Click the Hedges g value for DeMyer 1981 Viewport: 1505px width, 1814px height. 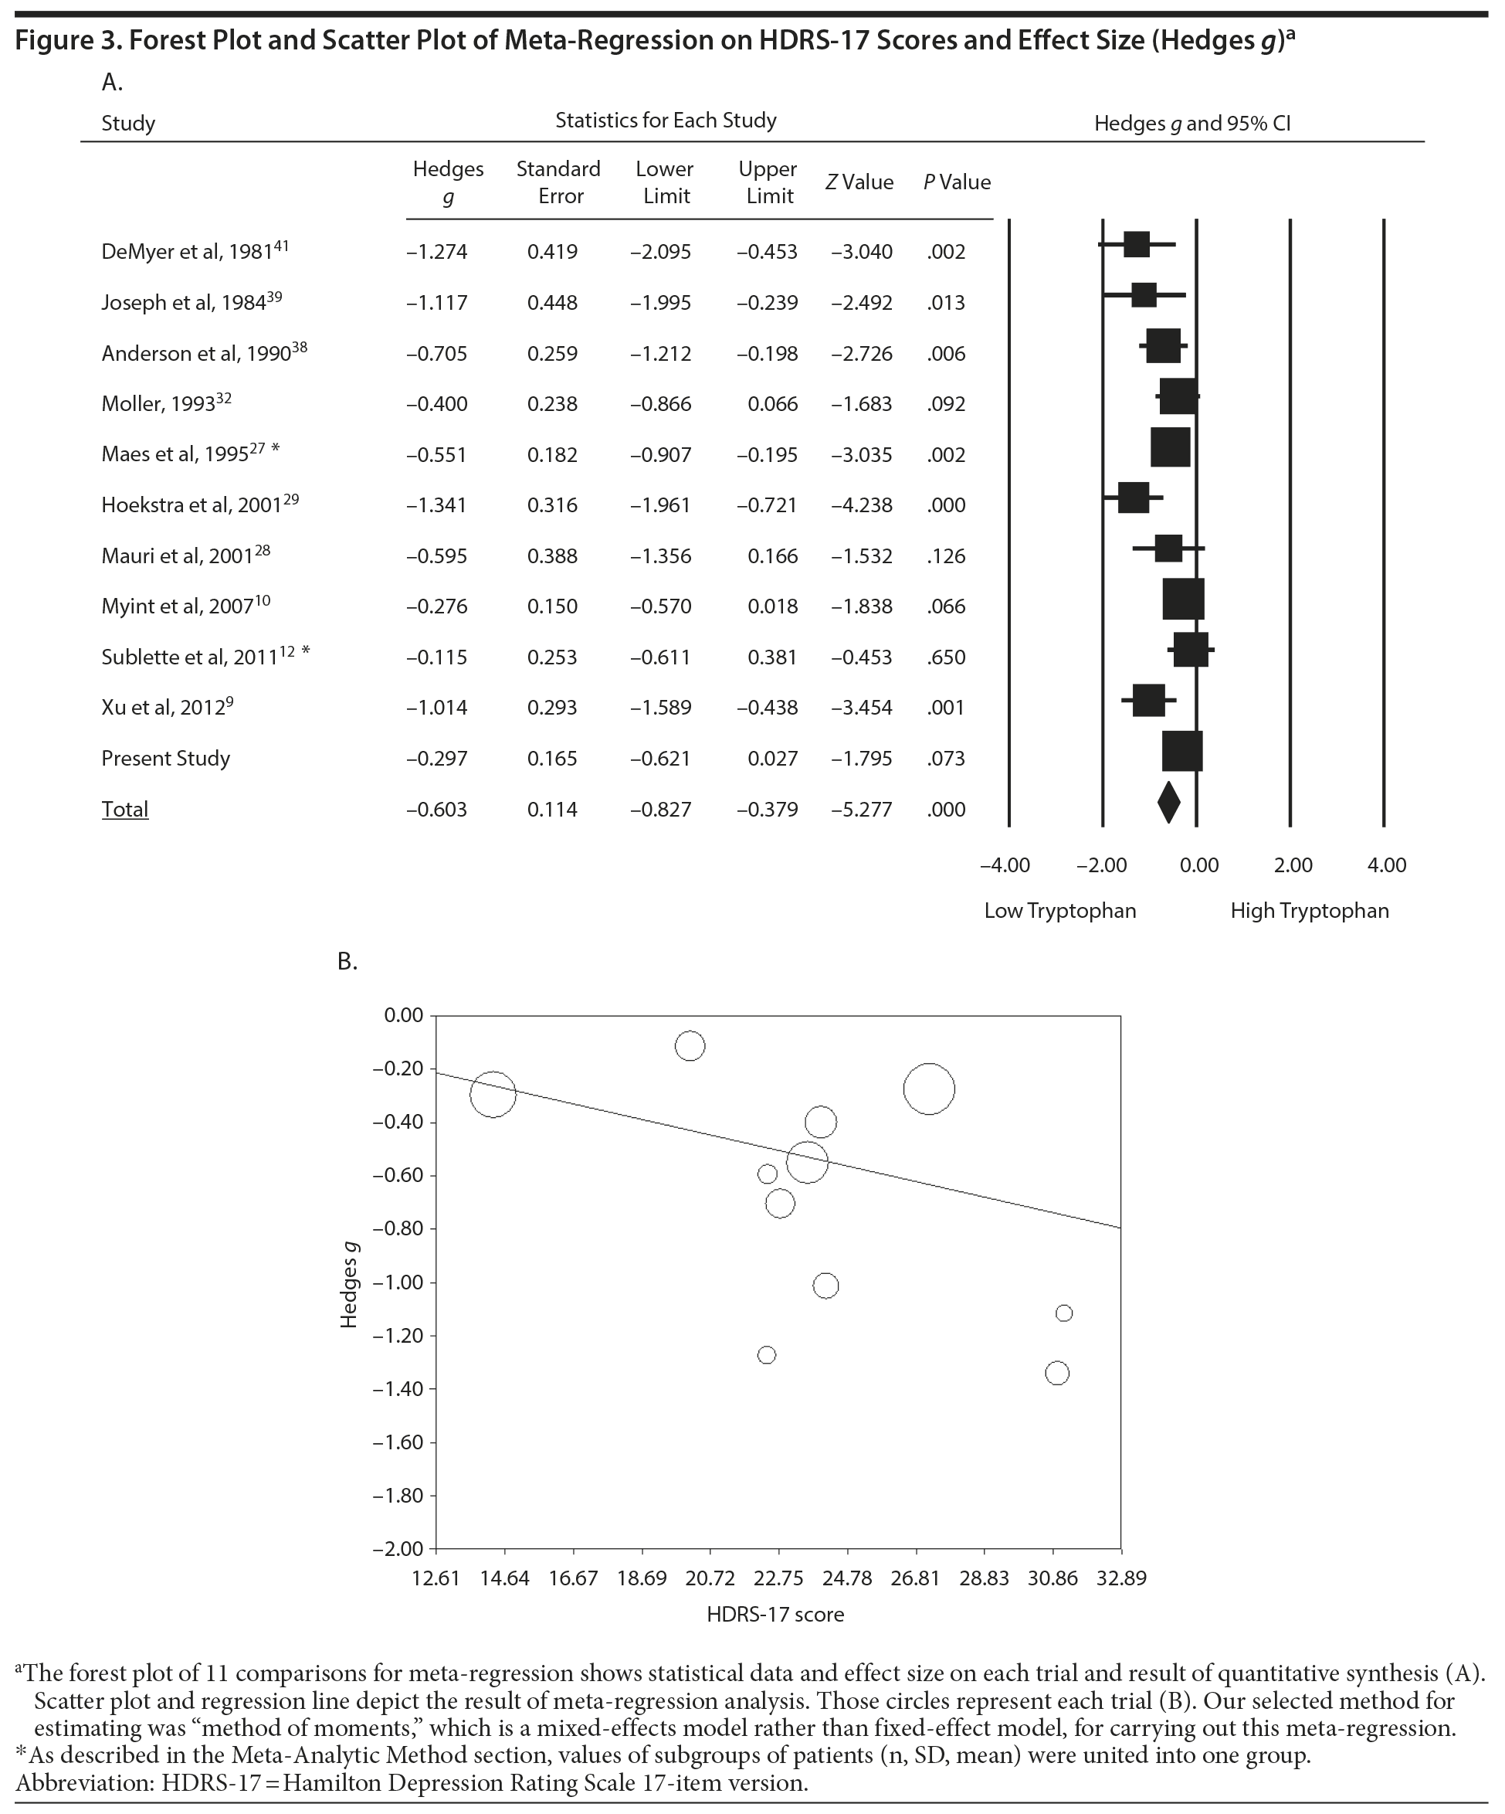click(x=437, y=252)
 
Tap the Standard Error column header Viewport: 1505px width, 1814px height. click(x=558, y=182)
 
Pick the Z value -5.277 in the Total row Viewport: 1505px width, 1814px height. click(x=861, y=810)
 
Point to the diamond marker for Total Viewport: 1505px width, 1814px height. click(x=1168, y=803)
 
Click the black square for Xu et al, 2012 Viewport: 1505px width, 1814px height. click(x=1148, y=700)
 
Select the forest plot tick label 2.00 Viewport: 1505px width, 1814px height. click(x=1293, y=865)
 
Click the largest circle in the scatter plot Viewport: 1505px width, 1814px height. click(x=929, y=1089)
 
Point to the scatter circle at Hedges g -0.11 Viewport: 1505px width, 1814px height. click(x=690, y=1046)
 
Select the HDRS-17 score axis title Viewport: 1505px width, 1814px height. click(x=775, y=1615)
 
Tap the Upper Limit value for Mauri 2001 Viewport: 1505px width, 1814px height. click(x=773, y=556)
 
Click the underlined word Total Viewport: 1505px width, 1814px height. click(x=125, y=810)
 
